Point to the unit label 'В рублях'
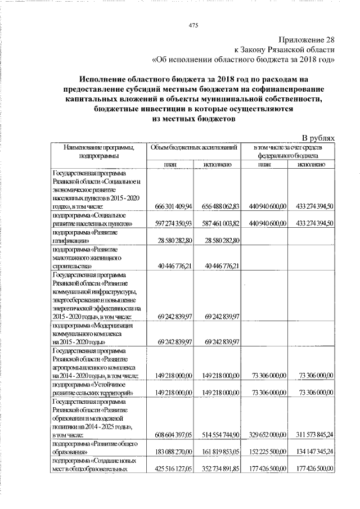point(319,138)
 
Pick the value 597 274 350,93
point(169,223)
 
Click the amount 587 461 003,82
point(217,223)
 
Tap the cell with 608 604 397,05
point(169,434)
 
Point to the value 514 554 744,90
point(217,434)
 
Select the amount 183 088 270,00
point(169,451)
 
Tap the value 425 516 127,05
point(169,468)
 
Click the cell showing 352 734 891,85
point(217,468)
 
